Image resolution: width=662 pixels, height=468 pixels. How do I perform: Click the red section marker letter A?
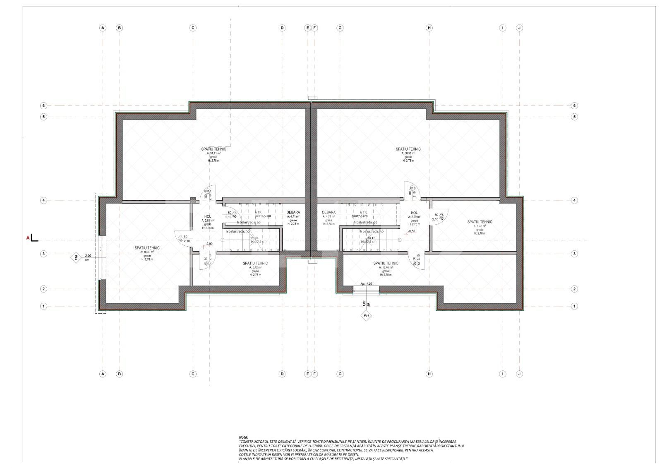[28, 238]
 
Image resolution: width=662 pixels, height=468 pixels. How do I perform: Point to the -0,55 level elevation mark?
[411, 231]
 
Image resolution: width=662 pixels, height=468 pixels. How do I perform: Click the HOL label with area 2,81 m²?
[208, 216]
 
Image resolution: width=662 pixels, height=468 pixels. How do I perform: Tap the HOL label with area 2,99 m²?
[414, 213]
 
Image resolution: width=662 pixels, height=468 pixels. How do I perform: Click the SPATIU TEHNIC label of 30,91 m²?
[408, 149]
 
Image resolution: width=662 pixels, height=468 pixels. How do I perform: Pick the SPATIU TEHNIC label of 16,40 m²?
[147, 248]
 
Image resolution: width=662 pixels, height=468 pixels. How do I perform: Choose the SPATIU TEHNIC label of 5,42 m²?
[255, 263]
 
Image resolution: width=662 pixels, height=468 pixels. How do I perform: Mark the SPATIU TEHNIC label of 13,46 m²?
[386, 263]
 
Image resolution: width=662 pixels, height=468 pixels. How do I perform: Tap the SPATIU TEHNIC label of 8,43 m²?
[480, 222]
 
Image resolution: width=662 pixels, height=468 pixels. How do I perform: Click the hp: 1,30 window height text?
[366, 283]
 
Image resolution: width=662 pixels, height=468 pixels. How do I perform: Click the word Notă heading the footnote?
[243, 437]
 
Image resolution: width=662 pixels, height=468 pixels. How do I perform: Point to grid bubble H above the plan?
[429, 28]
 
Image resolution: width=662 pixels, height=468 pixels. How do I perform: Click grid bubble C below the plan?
[193, 374]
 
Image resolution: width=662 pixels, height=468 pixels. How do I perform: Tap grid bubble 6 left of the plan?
[43, 106]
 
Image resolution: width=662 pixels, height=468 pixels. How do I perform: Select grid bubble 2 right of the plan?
[574, 289]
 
